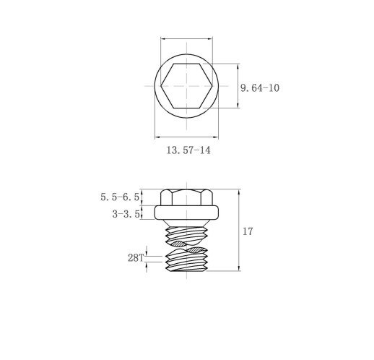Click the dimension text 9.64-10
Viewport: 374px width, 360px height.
260,87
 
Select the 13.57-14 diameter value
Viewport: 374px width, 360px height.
188,150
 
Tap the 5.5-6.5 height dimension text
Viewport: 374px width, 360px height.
120,197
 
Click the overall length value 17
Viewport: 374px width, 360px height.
248,232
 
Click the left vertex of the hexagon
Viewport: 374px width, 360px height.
160,86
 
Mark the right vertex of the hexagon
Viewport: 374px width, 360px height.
214,86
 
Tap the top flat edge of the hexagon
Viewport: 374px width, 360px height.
187,63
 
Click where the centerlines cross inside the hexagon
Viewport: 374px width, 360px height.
187,86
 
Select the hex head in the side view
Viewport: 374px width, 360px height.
187,197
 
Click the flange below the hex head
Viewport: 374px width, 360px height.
187,213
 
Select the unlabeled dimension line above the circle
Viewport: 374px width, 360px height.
187,40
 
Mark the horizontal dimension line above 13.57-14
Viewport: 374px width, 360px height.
187,135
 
